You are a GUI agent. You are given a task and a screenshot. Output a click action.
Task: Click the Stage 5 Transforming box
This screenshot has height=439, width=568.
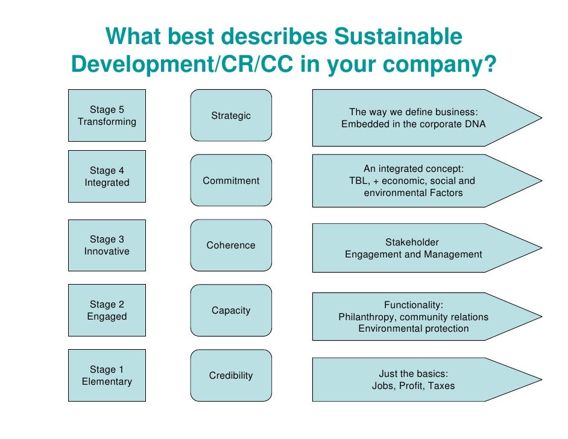click(x=107, y=116)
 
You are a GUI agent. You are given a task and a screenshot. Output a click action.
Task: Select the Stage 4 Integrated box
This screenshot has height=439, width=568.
click(x=107, y=176)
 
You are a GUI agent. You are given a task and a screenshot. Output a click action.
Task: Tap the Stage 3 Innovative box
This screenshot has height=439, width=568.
click(x=107, y=245)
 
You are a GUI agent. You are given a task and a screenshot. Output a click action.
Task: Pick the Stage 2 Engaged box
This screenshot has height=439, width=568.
click(x=107, y=310)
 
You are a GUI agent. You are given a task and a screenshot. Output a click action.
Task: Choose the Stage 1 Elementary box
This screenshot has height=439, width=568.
click(x=107, y=375)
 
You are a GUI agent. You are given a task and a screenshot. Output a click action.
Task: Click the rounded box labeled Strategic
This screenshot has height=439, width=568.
click(x=231, y=115)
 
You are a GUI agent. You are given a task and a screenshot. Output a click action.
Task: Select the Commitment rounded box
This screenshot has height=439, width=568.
click(x=231, y=180)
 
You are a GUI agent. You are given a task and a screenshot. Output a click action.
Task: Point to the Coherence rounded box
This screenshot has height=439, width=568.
click(x=231, y=245)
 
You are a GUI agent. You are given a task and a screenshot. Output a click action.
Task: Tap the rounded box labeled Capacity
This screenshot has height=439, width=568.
click(x=231, y=311)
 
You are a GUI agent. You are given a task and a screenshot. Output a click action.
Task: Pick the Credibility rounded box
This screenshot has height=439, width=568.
click(x=231, y=376)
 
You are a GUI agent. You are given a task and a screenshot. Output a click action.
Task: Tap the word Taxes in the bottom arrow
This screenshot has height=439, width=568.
click(x=441, y=386)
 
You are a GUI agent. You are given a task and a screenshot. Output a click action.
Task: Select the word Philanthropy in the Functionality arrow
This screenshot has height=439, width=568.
click(x=367, y=317)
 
